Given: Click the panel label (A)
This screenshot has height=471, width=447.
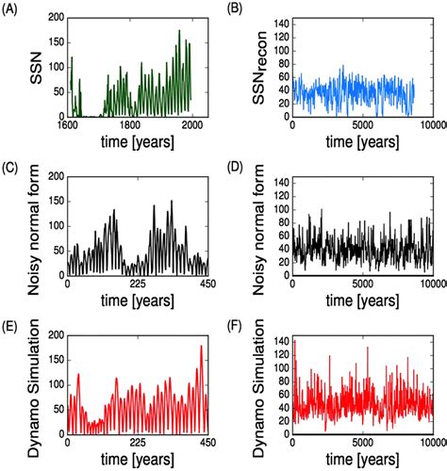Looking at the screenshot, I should pyautogui.click(x=12, y=9).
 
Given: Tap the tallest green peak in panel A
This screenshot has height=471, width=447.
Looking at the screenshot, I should pyautogui.click(x=179, y=31).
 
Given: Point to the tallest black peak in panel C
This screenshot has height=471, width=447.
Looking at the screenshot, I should pyautogui.click(x=172, y=201).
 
